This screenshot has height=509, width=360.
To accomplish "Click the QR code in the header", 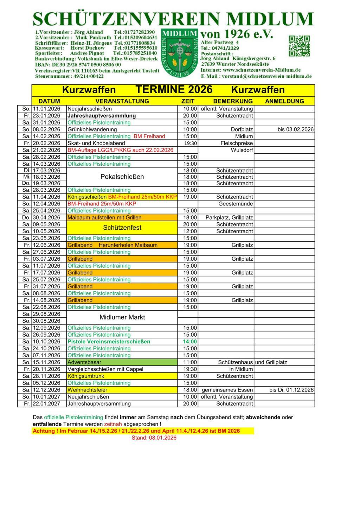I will coord(299,46).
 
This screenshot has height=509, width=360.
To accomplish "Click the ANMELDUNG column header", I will coord(284,101).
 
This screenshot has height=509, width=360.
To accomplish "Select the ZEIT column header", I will coord(188,101).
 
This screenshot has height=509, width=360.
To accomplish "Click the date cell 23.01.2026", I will coord(46,116).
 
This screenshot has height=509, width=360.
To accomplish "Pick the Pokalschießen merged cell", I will coord(122,177).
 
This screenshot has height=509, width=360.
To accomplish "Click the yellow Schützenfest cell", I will coord(122,228).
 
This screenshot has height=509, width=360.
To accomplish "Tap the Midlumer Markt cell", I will coord(122,317).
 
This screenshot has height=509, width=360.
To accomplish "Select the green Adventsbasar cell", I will coord(122,362).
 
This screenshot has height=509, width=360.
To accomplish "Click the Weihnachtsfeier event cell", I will coord(122,390).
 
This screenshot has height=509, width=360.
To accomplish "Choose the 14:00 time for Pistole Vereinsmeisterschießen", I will coord(190,342).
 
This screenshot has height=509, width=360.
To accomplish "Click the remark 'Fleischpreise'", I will coord(236,143).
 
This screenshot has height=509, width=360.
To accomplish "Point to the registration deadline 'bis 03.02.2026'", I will coord(295,129).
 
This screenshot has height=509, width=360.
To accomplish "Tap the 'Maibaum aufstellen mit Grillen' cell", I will coord(122,218).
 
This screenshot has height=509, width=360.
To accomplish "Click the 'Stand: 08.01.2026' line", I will coord(154,438).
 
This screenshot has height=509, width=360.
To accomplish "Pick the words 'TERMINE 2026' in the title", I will coord(174,90).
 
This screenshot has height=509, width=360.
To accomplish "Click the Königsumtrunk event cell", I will coord(122,376).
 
